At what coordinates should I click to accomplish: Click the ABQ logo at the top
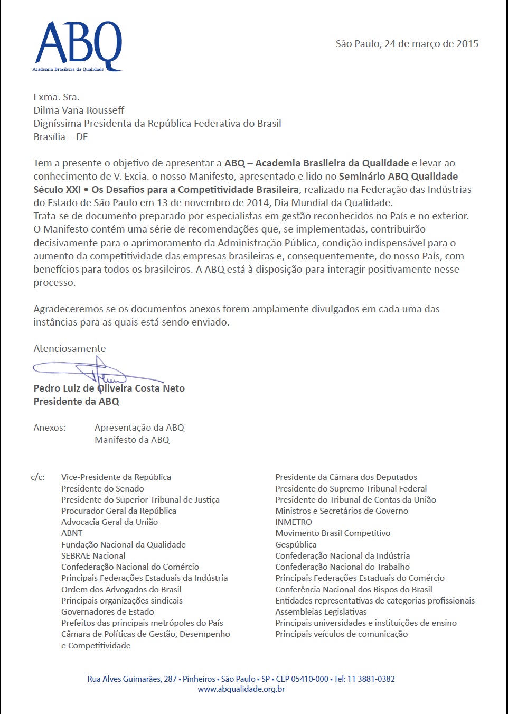[x=78, y=47]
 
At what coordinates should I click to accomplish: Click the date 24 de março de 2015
[x=431, y=44]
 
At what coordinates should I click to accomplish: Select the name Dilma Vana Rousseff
[x=79, y=110]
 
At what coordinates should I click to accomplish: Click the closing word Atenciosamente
[x=69, y=349]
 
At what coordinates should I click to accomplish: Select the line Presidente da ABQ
[x=76, y=402]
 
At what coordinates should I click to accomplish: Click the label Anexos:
[x=49, y=428]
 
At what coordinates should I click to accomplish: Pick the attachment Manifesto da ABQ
[x=132, y=440]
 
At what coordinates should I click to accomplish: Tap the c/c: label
[x=37, y=477]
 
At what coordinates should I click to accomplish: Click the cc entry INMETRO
[x=294, y=522]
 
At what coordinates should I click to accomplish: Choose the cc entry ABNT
[x=72, y=533]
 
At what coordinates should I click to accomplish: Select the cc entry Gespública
[x=296, y=545]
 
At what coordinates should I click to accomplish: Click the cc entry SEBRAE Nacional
[x=93, y=556]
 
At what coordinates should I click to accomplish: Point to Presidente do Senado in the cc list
[x=102, y=489]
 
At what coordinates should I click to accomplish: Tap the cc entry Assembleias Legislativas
[x=321, y=612]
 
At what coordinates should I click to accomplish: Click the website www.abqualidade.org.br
[x=241, y=689]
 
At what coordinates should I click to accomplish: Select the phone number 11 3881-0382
[x=371, y=679]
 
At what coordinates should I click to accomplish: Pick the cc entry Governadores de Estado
[x=107, y=612]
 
